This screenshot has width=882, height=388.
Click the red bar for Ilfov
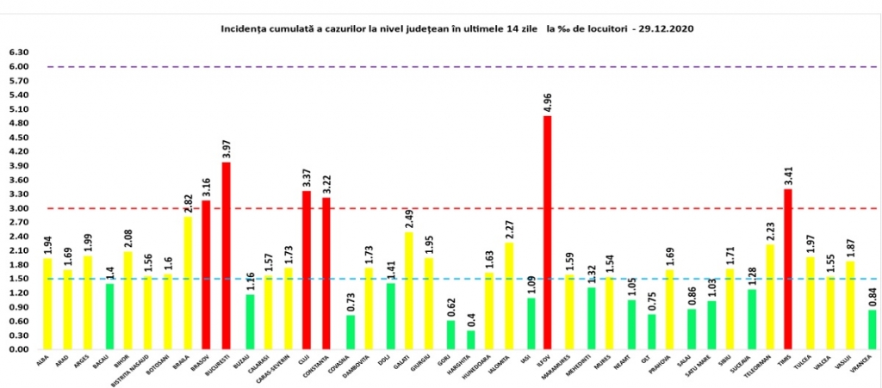pyautogui.click(x=547, y=232)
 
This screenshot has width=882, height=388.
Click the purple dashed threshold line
pyautogui.click(x=431, y=66)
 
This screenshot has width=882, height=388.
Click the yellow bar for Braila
pyautogui.click(x=186, y=283)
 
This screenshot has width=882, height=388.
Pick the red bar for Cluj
pyautogui.click(x=306, y=270)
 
